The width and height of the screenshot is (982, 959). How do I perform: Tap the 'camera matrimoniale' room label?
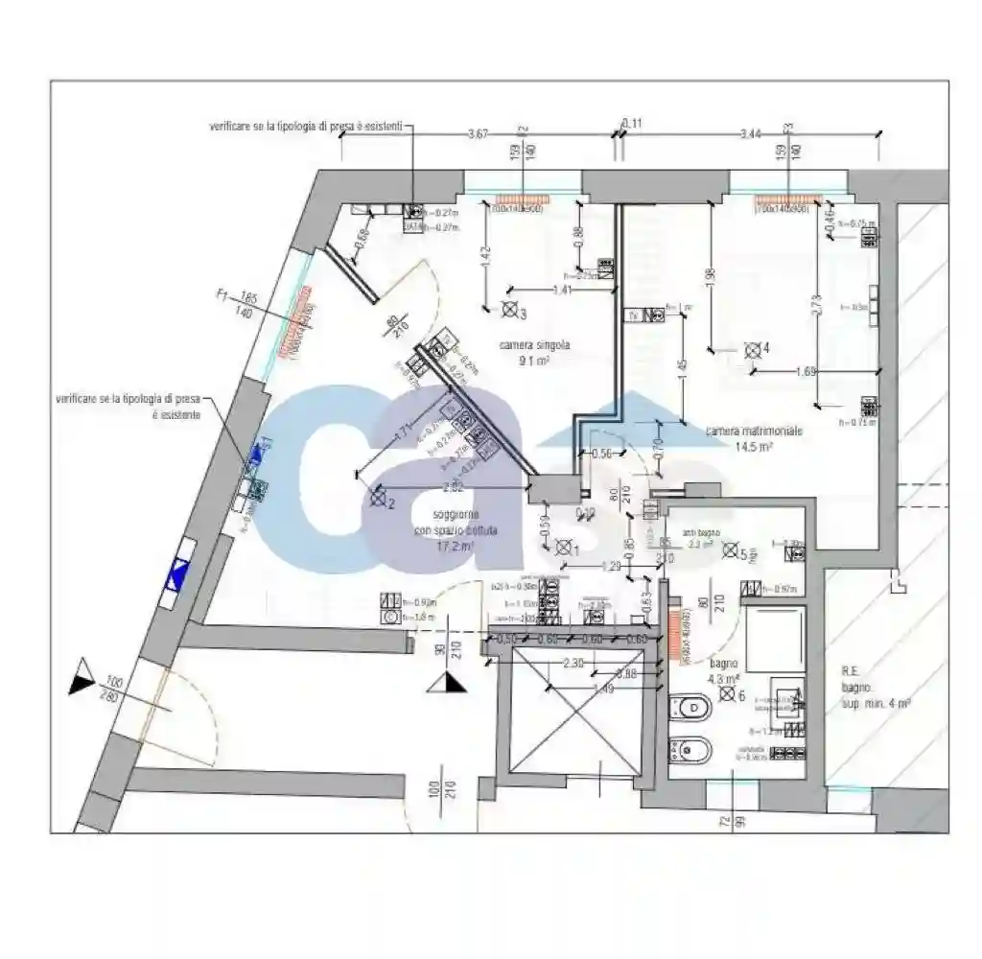754,432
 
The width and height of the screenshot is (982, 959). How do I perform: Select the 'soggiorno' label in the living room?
456,514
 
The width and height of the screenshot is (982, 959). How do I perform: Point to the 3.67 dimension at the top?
478,132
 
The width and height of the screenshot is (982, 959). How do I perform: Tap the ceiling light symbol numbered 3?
509,310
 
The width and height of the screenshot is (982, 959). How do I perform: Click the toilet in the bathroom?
687,710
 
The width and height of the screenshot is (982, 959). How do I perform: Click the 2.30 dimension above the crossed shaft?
573,662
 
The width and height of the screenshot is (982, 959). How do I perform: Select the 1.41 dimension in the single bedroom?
562,289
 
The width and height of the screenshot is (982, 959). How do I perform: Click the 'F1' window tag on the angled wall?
223,298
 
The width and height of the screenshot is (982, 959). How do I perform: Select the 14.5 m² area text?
754,446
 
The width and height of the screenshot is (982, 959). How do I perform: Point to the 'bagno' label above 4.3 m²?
723,663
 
